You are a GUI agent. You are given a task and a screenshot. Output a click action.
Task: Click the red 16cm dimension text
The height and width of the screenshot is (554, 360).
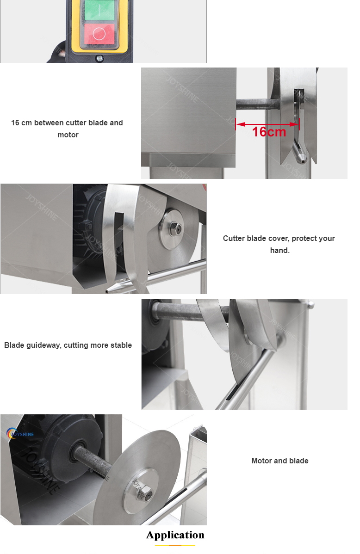click(269, 132)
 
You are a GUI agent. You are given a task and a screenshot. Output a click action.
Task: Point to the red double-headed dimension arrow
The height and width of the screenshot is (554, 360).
click(267, 123)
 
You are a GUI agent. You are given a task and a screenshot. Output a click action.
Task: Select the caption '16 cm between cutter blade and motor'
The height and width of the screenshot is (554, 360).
click(68, 129)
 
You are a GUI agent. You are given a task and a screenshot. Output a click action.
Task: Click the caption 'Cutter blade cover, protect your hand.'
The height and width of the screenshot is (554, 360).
click(279, 244)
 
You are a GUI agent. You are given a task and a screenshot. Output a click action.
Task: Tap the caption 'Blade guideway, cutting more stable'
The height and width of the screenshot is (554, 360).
click(68, 345)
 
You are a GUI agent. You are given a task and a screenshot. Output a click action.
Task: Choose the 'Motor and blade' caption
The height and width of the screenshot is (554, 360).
click(279, 461)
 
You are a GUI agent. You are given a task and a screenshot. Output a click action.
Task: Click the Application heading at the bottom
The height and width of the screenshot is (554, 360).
click(175, 535)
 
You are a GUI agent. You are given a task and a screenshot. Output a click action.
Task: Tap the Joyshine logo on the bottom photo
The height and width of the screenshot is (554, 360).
click(21, 434)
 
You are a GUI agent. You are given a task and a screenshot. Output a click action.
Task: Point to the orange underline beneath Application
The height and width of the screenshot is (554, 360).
click(175, 546)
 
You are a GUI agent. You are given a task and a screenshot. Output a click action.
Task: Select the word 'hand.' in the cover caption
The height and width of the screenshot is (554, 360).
click(279, 250)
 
